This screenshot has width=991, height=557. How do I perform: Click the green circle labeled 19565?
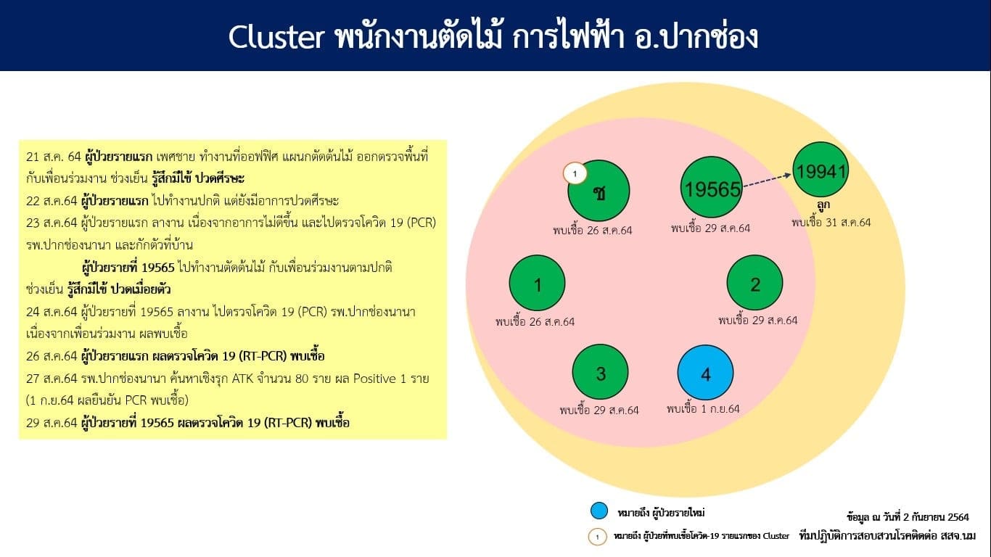click(x=712, y=187)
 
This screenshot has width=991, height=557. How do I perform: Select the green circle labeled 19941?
click(x=821, y=170)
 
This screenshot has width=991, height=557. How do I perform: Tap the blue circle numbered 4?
click(x=705, y=373)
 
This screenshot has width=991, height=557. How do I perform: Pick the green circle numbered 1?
click(x=537, y=283)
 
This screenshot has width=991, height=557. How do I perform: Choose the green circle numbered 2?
click(x=754, y=283)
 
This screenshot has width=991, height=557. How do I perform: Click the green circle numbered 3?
click(x=601, y=372)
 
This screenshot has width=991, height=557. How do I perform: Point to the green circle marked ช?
click(x=599, y=191)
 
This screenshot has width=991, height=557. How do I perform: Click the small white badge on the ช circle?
click(x=575, y=173)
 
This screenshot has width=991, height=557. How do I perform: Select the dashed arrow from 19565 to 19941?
click(x=767, y=181)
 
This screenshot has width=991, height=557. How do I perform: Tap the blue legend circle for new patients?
click(x=599, y=511)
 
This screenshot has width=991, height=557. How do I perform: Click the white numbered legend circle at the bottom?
click(x=597, y=537)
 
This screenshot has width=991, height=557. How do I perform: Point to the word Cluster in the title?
click(x=276, y=36)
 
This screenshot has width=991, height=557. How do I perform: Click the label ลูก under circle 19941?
click(x=823, y=205)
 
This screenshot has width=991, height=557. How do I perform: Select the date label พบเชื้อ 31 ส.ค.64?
click(x=831, y=223)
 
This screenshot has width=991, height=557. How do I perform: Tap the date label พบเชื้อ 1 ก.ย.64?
click(x=703, y=409)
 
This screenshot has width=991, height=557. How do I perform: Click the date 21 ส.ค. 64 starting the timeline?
click(x=54, y=157)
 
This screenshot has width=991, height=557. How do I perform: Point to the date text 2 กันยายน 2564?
click(x=936, y=517)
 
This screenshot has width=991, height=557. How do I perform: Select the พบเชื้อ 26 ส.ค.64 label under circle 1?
click(x=535, y=321)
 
